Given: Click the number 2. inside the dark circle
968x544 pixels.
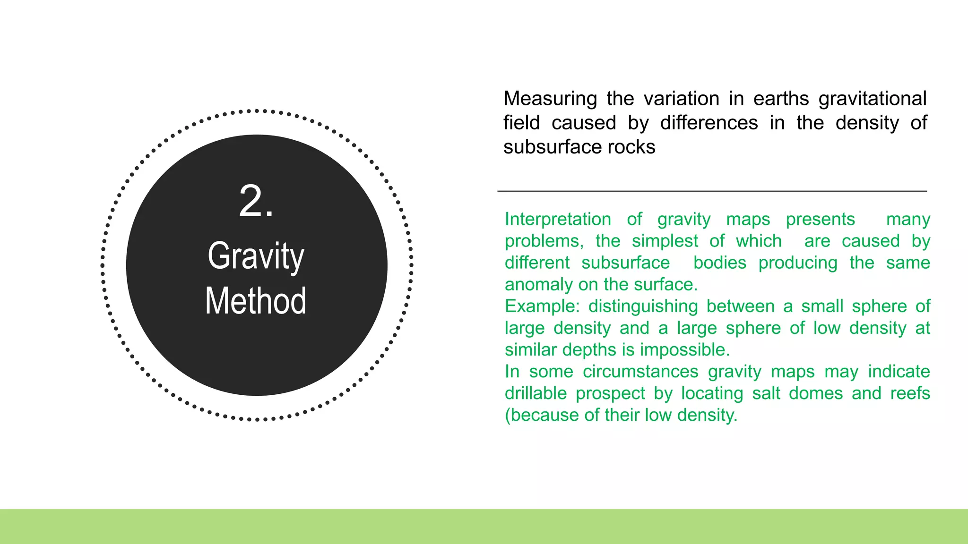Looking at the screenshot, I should pos(256,202).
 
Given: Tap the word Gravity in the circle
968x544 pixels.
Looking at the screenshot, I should pos(256,256).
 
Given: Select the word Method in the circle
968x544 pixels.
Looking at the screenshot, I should pos(256,301).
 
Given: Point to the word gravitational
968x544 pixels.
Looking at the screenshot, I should pos(872,99).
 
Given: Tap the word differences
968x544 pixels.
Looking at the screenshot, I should pos(709,123).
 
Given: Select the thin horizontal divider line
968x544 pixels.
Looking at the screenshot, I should pos(712,191).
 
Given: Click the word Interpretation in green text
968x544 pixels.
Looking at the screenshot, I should pos(558,220).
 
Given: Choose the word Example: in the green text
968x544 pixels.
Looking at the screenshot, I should pos(542,306).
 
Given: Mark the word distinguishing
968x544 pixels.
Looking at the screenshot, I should pos(643,306).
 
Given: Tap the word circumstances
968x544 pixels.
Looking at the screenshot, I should pos(640,372).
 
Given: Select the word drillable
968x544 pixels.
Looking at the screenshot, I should pos(536,393).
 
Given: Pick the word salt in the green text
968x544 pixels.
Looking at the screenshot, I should pos(766,393).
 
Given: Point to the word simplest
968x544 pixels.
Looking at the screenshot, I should pos(665,241).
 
